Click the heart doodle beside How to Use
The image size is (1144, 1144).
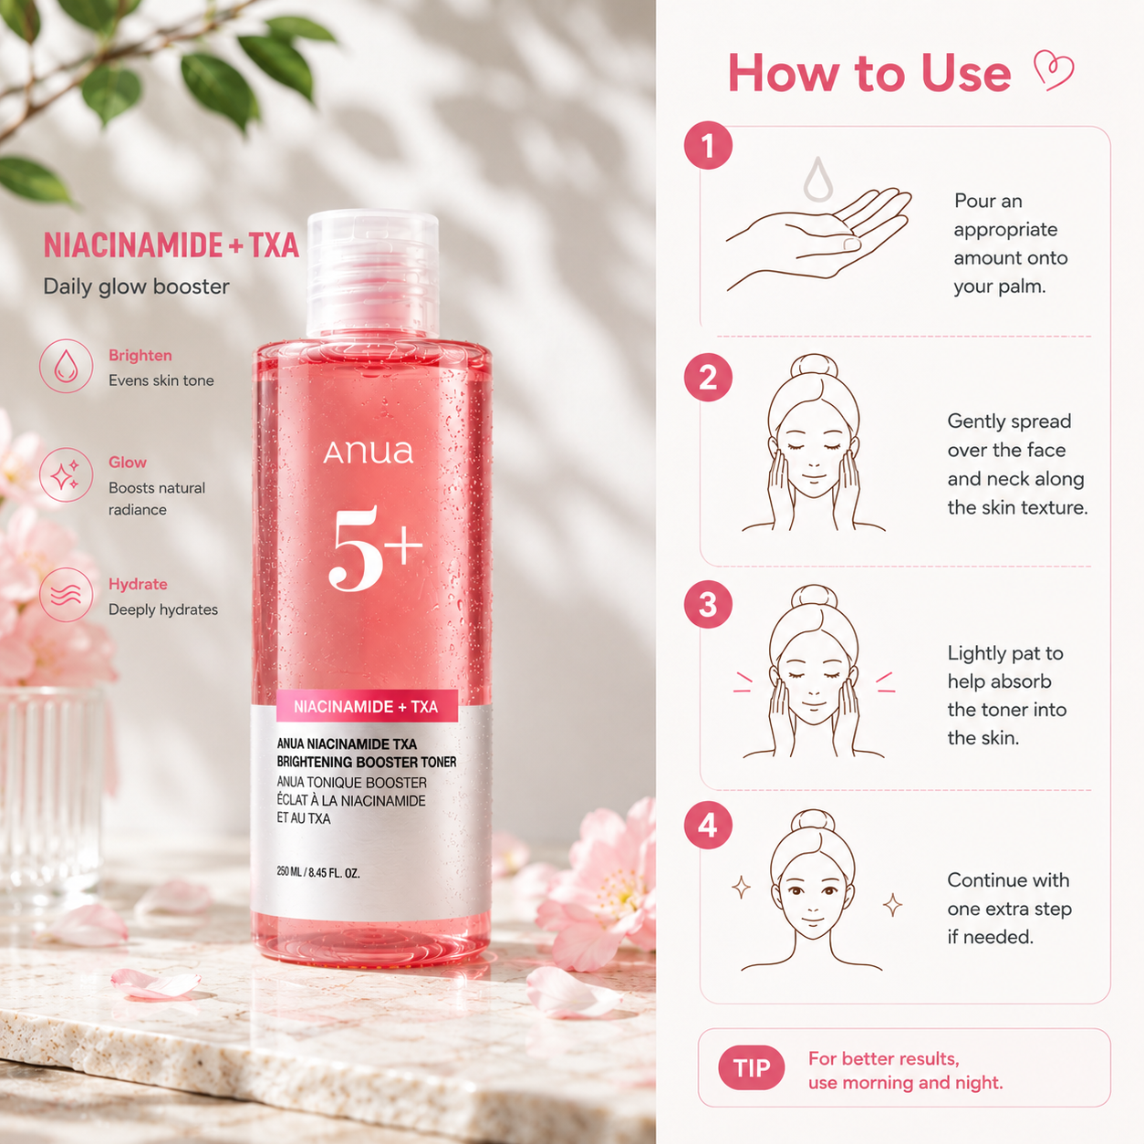(1053, 70)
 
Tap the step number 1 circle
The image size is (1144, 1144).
(708, 145)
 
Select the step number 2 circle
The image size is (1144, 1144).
(708, 377)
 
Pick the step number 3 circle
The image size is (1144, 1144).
(708, 604)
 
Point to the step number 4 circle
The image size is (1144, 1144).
(708, 826)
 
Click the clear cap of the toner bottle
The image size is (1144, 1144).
(373, 275)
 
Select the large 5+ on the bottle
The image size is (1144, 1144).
(375, 547)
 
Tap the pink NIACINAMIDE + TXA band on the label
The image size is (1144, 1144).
(367, 706)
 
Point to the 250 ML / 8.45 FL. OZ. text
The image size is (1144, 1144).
(318, 873)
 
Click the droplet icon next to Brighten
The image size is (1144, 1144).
(66, 366)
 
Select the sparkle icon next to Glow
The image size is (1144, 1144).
(66, 475)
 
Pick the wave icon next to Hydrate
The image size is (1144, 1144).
(66, 595)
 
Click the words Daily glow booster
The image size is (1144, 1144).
(136, 286)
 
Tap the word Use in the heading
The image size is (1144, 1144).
(966, 73)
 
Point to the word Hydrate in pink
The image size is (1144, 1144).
(138, 585)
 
